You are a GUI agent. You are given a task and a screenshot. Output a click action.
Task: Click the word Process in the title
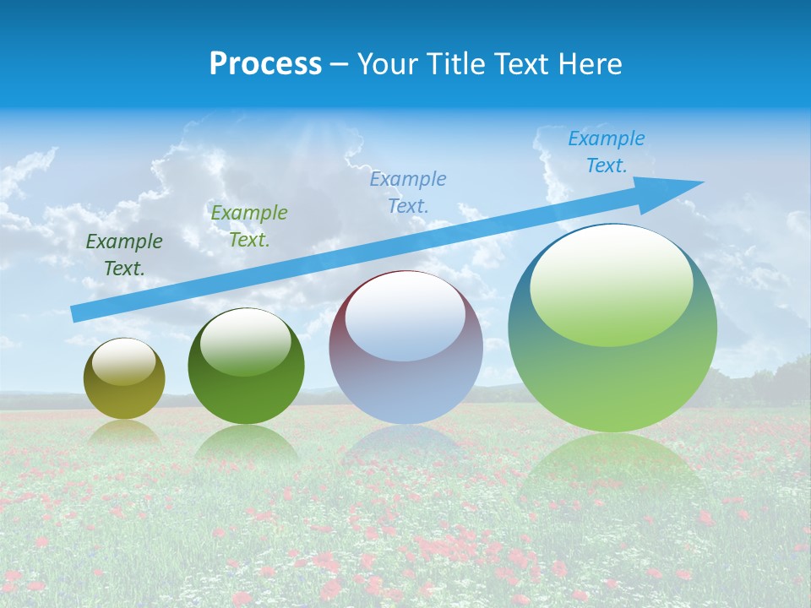[x=265, y=64]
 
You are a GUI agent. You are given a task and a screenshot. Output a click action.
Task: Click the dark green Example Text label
[x=123, y=254]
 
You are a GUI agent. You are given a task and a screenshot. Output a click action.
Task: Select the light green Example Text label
[x=248, y=225]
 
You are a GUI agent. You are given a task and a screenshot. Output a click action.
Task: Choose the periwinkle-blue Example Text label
[x=407, y=192]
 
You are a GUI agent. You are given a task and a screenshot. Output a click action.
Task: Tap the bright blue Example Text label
[x=606, y=152]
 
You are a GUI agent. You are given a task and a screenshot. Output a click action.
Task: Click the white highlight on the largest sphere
[x=611, y=285]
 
